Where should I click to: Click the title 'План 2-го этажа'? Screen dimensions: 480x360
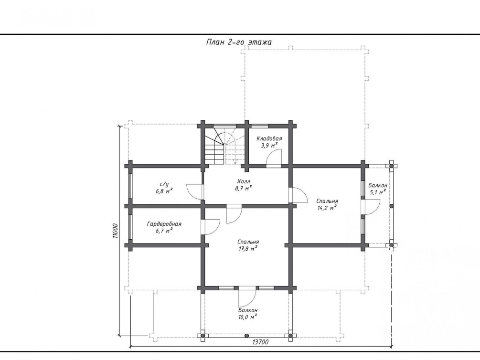[x=239, y=42]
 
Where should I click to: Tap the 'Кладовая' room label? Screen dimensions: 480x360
[x=269, y=138]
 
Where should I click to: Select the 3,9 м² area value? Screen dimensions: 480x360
[x=269, y=145]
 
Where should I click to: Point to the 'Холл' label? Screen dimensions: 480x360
[x=244, y=181]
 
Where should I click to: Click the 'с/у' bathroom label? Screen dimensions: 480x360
[x=164, y=184]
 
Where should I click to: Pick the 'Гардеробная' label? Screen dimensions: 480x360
[x=164, y=224]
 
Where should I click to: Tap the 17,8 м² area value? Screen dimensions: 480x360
[x=248, y=249]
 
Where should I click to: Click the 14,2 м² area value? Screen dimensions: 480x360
[x=327, y=208]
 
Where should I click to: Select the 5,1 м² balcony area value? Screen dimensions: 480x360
[x=377, y=192]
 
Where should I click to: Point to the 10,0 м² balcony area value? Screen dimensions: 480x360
[x=248, y=317]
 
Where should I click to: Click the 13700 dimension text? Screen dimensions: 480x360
[x=260, y=342]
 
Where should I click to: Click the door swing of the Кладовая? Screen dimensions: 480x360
[x=274, y=157]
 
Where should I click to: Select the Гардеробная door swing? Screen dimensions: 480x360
[x=211, y=227]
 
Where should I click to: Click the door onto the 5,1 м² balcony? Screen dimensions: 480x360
[x=371, y=207]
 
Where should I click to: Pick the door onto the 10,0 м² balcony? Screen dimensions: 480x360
[x=247, y=297]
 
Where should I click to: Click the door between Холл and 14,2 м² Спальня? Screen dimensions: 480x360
[x=298, y=195]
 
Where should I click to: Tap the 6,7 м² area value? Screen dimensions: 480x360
[x=164, y=231]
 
